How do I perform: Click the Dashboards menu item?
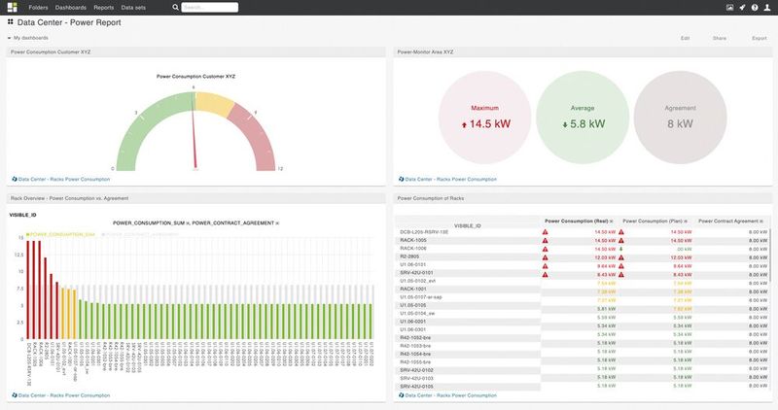[70, 7]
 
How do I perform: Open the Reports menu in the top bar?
[103, 7]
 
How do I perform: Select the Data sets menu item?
[133, 7]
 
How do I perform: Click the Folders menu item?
[38, 7]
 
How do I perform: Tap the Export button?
[760, 38]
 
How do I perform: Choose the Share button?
[720, 38]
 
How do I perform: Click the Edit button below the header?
[686, 38]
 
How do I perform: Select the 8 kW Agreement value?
[680, 124]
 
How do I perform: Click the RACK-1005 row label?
[413, 240]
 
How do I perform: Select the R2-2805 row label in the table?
[411, 256]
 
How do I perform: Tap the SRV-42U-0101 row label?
[418, 273]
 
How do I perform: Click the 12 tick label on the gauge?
[281, 169]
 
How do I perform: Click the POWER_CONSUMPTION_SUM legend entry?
[62, 234]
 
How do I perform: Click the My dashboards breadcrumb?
[30, 38]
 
